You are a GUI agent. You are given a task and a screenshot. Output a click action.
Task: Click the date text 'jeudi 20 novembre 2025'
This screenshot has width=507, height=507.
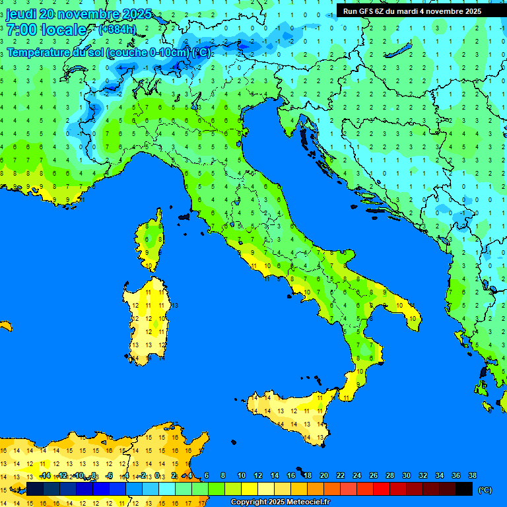tap(79, 14)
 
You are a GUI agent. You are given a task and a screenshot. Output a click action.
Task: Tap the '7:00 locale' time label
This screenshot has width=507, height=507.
tap(46, 30)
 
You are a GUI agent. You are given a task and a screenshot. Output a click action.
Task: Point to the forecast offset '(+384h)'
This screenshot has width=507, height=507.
tap(117, 29)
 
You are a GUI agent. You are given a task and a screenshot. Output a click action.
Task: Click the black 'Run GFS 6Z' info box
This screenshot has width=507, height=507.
tap(412, 11)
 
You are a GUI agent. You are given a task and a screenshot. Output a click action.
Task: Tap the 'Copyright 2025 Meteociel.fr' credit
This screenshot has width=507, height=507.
tap(280, 502)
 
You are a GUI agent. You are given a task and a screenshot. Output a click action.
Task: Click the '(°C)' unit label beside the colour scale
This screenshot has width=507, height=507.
tap(485, 490)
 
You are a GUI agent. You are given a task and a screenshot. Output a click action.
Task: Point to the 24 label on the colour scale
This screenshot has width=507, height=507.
tap(357, 476)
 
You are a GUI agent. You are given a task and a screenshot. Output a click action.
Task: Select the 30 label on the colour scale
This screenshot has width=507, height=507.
tap(406, 476)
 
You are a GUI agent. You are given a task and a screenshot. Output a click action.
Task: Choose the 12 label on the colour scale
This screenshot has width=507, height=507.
tap(258, 476)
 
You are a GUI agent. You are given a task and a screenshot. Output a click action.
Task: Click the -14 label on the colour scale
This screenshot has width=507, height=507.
tap(45, 476)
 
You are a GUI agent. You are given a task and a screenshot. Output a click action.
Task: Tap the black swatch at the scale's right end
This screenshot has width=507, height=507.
tap(464, 489)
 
